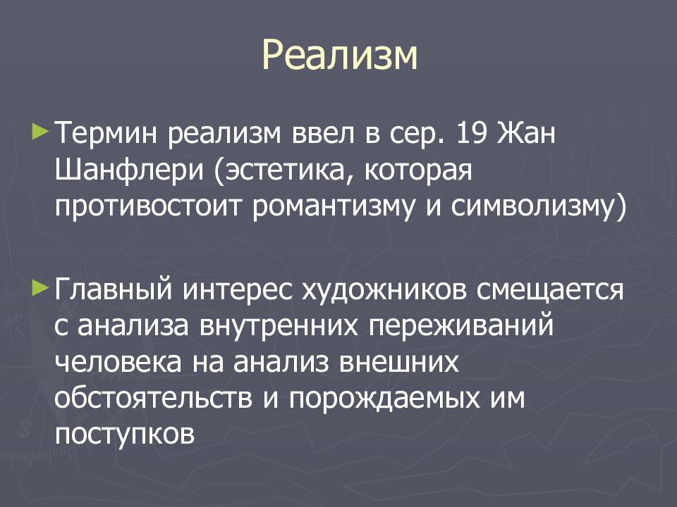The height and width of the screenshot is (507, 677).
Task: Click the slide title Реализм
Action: pos(339,55)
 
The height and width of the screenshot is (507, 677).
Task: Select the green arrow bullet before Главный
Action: pos(42,287)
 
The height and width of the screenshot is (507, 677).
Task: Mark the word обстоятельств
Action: pos(151,400)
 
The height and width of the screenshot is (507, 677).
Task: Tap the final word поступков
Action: pos(124,437)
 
